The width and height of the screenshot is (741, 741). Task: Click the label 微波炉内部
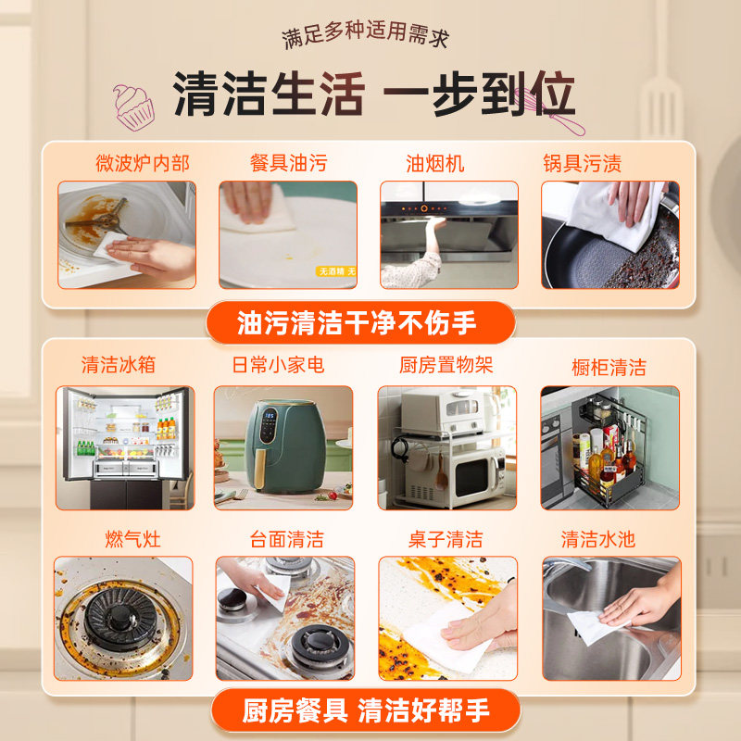click(x=142, y=164)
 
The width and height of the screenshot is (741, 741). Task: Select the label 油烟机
click(x=435, y=164)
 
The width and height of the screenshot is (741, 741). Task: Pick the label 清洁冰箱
click(x=118, y=365)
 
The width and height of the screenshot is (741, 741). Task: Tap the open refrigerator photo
click(x=125, y=446)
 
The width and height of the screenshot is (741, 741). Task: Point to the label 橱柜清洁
click(x=609, y=367)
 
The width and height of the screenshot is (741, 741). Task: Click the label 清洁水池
click(x=597, y=539)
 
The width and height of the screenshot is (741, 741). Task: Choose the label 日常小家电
click(x=278, y=365)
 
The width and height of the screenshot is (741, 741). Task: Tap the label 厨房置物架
click(x=446, y=365)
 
